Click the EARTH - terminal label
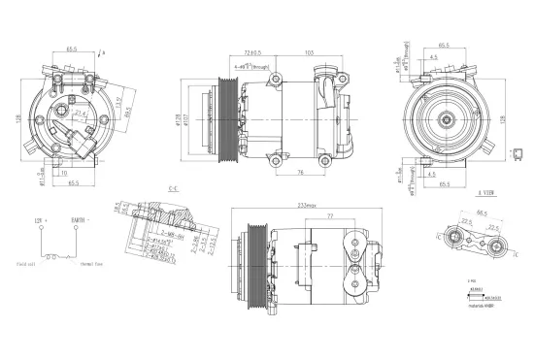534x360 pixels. click(80, 221)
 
